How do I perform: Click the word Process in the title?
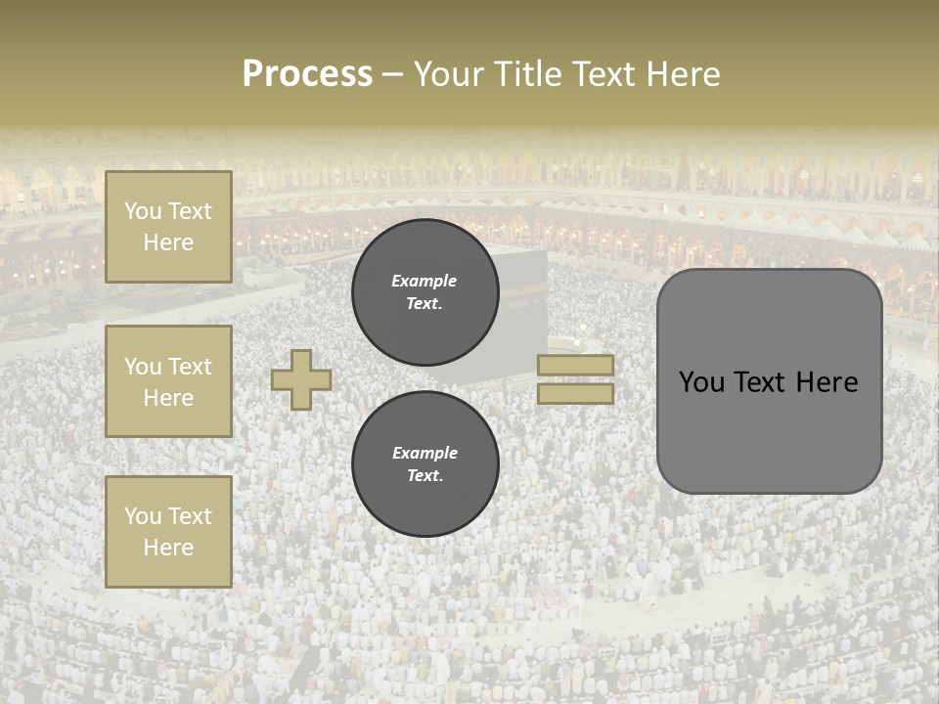pyautogui.click(x=307, y=74)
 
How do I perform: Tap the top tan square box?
pyautogui.click(x=168, y=227)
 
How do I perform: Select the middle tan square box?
pyautogui.click(x=168, y=381)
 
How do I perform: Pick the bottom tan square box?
pyautogui.click(x=168, y=532)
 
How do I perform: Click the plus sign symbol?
pyautogui.click(x=301, y=379)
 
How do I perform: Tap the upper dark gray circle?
pyautogui.click(x=425, y=291)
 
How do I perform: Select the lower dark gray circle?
pyautogui.click(x=425, y=463)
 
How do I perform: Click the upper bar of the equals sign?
pyautogui.click(x=575, y=366)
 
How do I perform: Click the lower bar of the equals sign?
pyautogui.click(x=575, y=393)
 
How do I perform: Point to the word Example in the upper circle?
pyautogui.click(x=425, y=281)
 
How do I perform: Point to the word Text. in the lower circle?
pyautogui.click(x=425, y=475)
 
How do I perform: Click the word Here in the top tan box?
pyautogui.click(x=168, y=242)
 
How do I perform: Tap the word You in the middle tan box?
pyautogui.click(x=143, y=367)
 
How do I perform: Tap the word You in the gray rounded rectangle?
pyautogui.click(x=701, y=382)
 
